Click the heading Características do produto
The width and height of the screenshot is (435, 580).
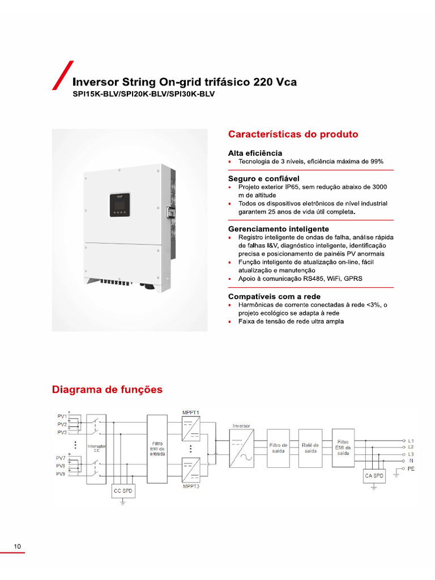pyautogui.click(x=293, y=134)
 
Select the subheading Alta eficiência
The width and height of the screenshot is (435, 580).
pyautogui.click(x=255, y=153)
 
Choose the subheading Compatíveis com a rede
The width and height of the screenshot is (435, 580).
pyautogui.click(x=274, y=296)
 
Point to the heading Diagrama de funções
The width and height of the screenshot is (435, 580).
pyautogui.click(x=107, y=390)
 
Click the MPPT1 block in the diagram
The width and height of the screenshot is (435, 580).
pyautogui.click(x=191, y=428)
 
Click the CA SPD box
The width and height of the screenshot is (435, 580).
pyautogui.click(x=374, y=476)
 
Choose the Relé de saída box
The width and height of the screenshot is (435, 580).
pyautogui.click(x=310, y=448)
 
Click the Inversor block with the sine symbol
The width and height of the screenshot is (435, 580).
pyautogui.click(x=241, y=448)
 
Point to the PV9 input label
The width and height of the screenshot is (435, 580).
pyautogui.click(x=61, y=474)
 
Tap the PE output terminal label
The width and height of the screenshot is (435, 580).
pyautogui.click(x=411, y=469)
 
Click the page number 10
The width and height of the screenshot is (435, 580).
pyautogui.click(x=17, y=547)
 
